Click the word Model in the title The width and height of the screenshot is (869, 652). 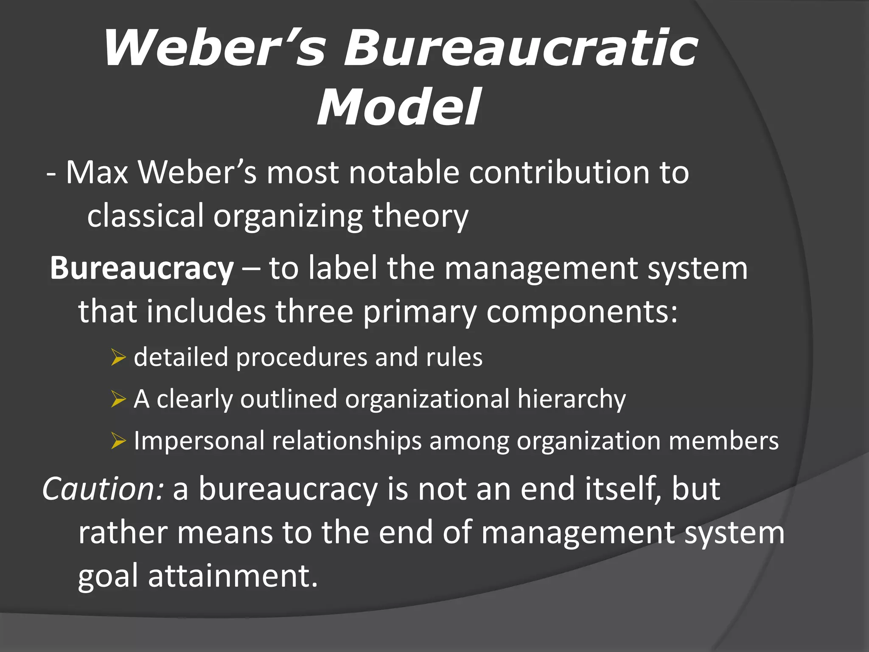[x=399, y=107]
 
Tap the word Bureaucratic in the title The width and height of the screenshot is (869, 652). [x=520, y=48]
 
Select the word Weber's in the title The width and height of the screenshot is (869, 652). [x=215, y=48]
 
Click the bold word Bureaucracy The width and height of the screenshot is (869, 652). [x=142, y=268]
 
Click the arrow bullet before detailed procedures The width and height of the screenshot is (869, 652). [x=118, y=357]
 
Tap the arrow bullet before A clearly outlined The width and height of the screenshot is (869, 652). [x=118, y=399]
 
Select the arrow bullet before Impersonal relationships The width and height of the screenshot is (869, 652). [x=118, y=441]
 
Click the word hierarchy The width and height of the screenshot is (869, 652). [x=571, y=400]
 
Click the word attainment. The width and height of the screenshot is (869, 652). [x=233, y=576]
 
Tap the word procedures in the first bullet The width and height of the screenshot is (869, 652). [x=301, y=357]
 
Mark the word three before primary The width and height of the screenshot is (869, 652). [x=314, y=312]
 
